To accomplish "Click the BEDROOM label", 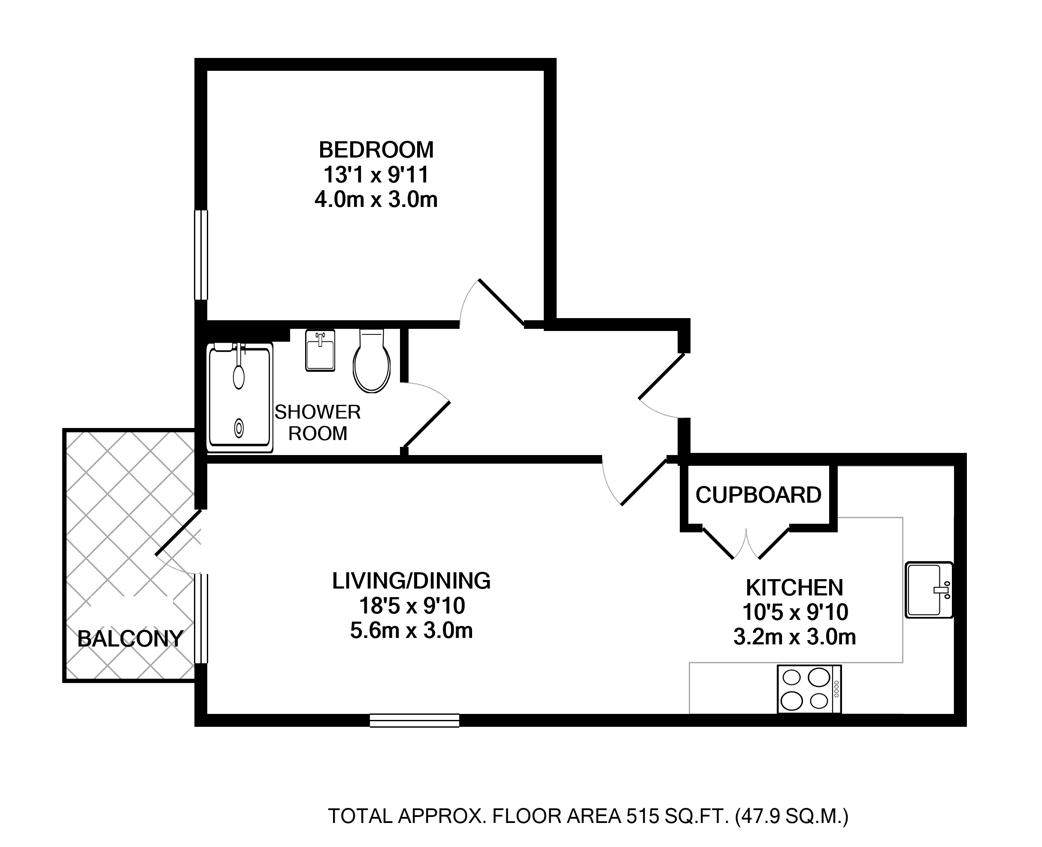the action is [x=376, y=150].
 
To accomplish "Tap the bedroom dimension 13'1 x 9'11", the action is [x=376, y=175].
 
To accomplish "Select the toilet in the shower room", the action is [x=372, y=361].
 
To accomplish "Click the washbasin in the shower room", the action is [x=321, y=350].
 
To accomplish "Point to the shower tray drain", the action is [x=239, y=428].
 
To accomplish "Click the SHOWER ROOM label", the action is [x=318, y=422].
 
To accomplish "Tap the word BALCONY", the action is [x=130, y=639].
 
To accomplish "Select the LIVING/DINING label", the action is [x=411, y=580].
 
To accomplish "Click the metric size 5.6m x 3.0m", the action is [x=411, y=630].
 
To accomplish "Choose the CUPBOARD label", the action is [x=759, y=495].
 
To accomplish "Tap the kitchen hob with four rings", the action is [x=809, y=689].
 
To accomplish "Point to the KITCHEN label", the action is [x=795, y=587].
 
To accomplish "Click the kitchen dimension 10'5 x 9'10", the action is [x=795, y=612].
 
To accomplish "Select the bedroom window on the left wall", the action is [x=201, y=255].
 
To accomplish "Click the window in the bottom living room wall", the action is [x=415, y=720].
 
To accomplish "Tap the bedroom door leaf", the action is [x=502, y=302].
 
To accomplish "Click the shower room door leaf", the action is [x=425, y=424].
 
